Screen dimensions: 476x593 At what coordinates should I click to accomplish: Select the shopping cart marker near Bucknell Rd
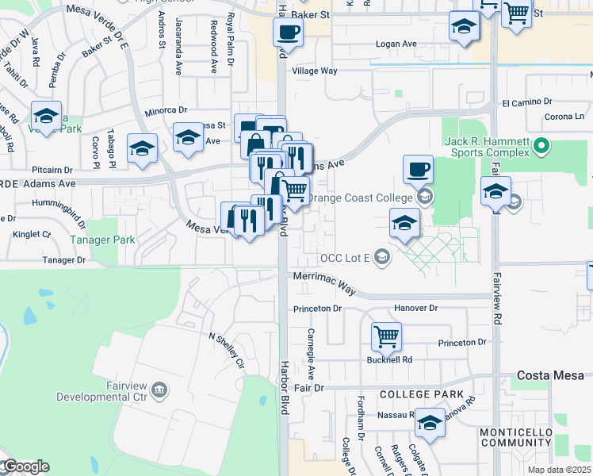(386, 336)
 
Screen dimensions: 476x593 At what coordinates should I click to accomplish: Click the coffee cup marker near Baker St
(288, 32)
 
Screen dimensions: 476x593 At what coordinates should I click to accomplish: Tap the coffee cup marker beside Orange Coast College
(418, 169)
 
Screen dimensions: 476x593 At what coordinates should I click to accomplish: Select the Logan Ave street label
(396, 44)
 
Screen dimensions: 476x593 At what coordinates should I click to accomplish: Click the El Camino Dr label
(526, 102)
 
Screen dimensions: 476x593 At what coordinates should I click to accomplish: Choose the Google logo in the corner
(25, 466)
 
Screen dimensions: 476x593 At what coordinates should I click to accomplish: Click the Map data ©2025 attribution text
(558, 470)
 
